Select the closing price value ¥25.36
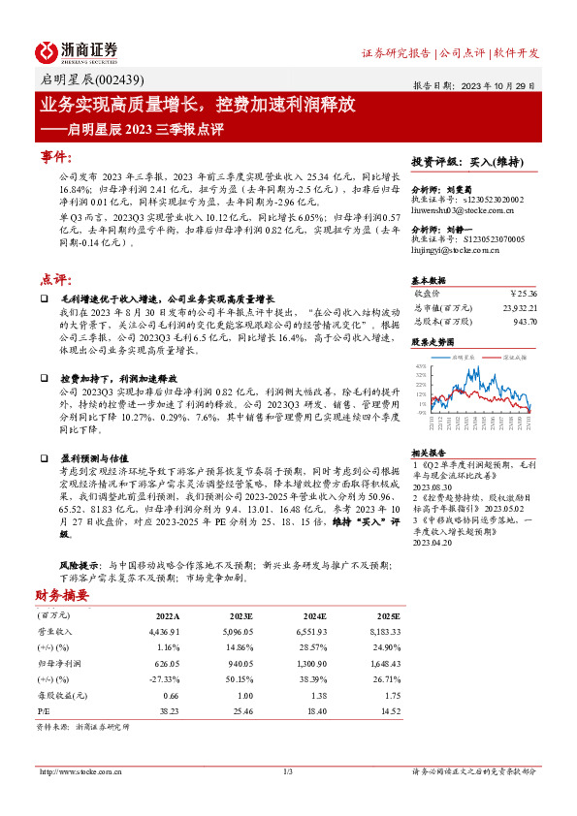(x=523, y=292)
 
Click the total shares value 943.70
(x=526, y=320)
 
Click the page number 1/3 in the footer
(x=288, y=770)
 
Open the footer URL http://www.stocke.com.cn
(x=80, y=770)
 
